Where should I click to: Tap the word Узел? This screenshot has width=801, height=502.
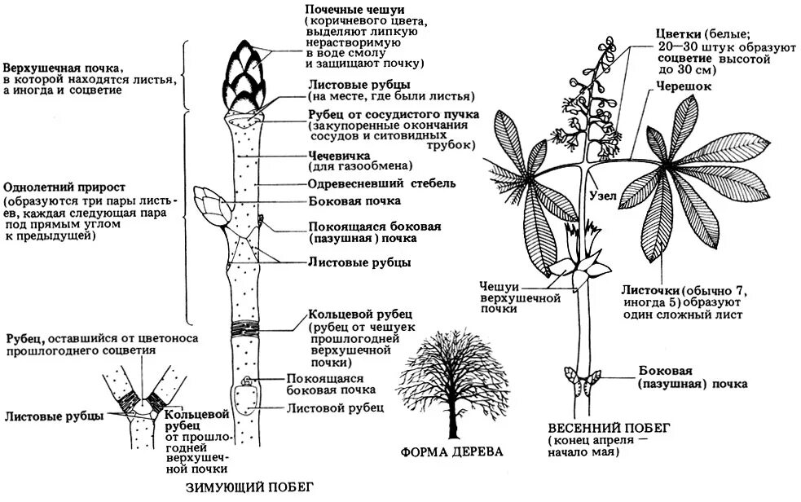tap(603, 196)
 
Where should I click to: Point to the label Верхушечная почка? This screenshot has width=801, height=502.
tap(62, 67)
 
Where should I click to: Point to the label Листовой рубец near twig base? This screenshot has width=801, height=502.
tap(334, 408)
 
